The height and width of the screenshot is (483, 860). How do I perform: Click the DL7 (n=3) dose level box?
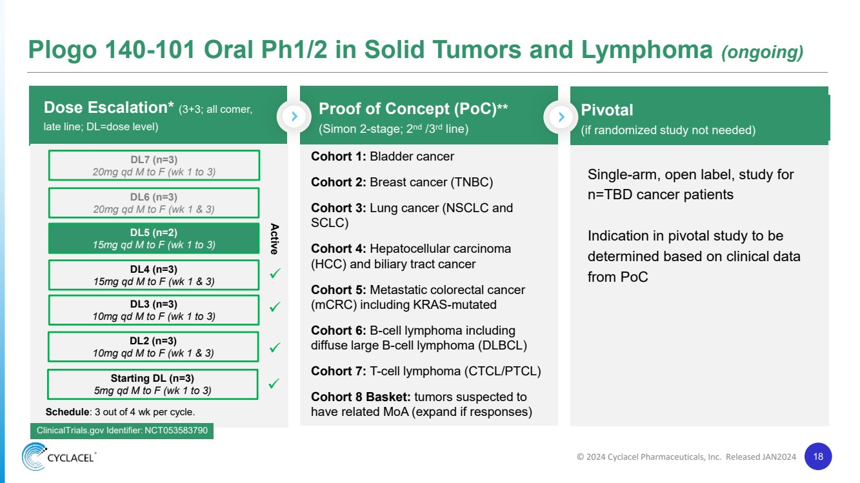click(154, 165)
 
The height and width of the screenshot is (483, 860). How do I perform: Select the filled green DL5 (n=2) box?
click(154, 239)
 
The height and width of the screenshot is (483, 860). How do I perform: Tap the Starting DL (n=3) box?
click(152, 384)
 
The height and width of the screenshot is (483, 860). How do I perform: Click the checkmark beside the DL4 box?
click(275, 274)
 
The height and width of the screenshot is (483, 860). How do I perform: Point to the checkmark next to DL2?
click(275, 348)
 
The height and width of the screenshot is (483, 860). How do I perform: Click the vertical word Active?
click(274, 239)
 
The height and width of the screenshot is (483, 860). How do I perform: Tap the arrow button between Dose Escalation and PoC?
click(294, 117)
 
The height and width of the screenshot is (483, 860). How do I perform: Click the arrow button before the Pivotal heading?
click(561, 117)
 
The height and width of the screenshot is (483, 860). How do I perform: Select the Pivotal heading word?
click(607, 110)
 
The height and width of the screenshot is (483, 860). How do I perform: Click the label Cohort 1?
click(339, 156)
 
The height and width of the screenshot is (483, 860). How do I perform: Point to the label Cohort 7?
click(339, 371)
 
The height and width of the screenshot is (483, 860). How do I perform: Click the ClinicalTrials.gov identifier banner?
click(122, 430)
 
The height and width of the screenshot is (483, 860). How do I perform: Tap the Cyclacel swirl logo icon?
click(34, 457)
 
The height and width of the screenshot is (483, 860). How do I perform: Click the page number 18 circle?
click(818, 457)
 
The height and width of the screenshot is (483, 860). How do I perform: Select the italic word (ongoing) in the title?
click(762, 52)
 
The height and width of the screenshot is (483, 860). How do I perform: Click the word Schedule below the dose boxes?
click(66, 412)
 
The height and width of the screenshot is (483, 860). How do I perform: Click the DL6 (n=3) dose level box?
click(154, 202)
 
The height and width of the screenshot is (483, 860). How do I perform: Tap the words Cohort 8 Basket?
click(361, 397)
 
